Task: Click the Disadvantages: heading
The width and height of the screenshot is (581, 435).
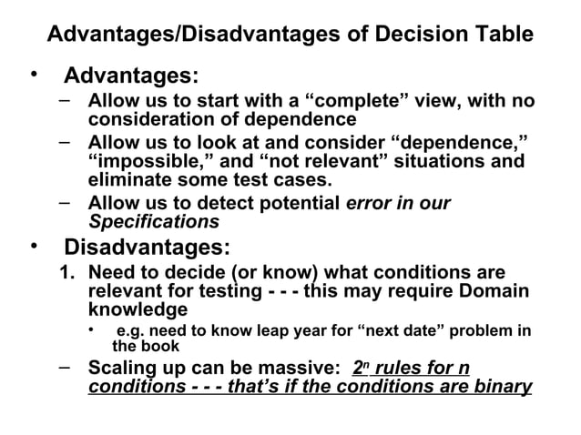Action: tap(147, 247)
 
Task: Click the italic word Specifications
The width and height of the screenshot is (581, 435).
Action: tap(153, 221)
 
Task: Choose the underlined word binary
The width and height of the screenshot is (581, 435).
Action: tap(502, 388)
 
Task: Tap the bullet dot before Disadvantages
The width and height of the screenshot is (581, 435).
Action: tap(33, 247)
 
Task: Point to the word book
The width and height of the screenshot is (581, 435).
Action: tap(160, 347)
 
